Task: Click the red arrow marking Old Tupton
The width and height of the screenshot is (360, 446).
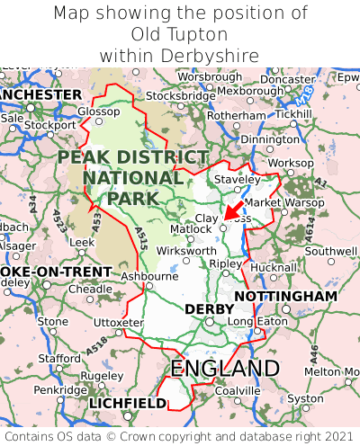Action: coord(233,214)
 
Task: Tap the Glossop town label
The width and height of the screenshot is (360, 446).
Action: coord(98,111)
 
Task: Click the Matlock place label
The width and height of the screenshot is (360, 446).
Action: coord(191,229)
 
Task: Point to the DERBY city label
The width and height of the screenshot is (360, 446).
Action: coord(209,308)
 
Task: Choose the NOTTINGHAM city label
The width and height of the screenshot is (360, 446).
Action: coord(285,296)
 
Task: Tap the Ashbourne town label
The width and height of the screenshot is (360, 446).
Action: coord(148,277)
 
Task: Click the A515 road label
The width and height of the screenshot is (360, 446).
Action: coord(140,238)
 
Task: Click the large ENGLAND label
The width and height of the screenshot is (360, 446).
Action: coord(225,369)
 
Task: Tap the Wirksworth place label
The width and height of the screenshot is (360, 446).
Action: coord(186,251)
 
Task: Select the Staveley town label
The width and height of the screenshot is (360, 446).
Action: coord(237,180)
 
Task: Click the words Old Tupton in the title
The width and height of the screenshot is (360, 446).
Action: coord(180,34)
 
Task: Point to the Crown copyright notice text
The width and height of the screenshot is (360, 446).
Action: coord(180,434)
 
